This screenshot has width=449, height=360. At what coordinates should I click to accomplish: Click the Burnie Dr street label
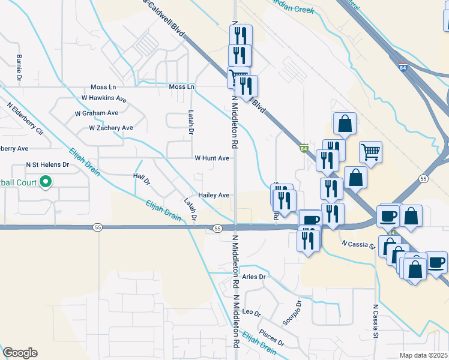click(19, 67)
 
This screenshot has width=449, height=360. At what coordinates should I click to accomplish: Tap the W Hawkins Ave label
click(104, 98)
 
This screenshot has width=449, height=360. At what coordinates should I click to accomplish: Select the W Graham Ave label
click(96, 113)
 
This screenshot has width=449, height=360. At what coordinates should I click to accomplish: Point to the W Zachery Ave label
click(110, 128)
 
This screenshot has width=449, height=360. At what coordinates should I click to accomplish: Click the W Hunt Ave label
click(212, 158)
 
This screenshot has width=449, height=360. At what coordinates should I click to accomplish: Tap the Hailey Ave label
click(214, 195)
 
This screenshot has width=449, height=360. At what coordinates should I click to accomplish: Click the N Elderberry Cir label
click(26, 118)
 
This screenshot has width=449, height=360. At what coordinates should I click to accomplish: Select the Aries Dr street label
click(254, 277)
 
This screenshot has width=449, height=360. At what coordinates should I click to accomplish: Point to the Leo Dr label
click(252, 313)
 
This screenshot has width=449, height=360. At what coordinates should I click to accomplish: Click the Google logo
click(20, 353)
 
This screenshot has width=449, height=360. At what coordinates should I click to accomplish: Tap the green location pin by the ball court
click(45, 182)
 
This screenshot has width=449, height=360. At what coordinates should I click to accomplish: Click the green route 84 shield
click(304, 148)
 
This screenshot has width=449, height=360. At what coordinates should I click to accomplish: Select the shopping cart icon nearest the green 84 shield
click(371, 152)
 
